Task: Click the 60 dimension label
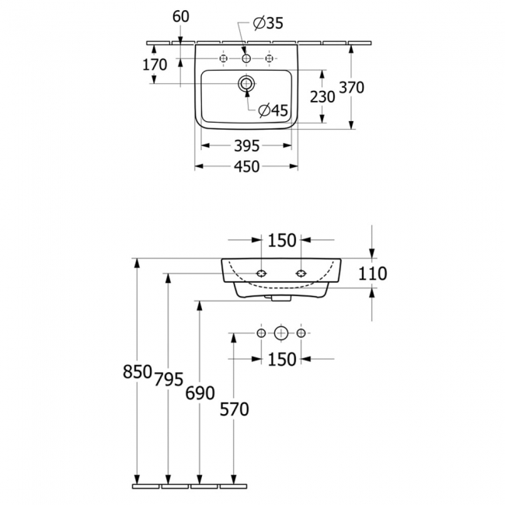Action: (181, 15)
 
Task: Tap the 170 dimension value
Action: (155, 65)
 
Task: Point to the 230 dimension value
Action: (322, 96)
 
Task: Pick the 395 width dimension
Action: (246, 146)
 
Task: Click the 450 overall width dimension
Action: (246, 166)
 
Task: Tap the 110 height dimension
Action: (372, 273)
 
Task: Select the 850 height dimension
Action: (138, 372)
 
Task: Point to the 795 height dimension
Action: (169, 379)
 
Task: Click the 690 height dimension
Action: (200, 393)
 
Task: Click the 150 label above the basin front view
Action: (282, 240)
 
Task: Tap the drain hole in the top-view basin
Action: (246, 82)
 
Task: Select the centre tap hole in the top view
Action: (246, 58)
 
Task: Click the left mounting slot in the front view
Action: (261, 273)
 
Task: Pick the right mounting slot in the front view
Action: (301, 273)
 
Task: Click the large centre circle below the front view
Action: (281, 333)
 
